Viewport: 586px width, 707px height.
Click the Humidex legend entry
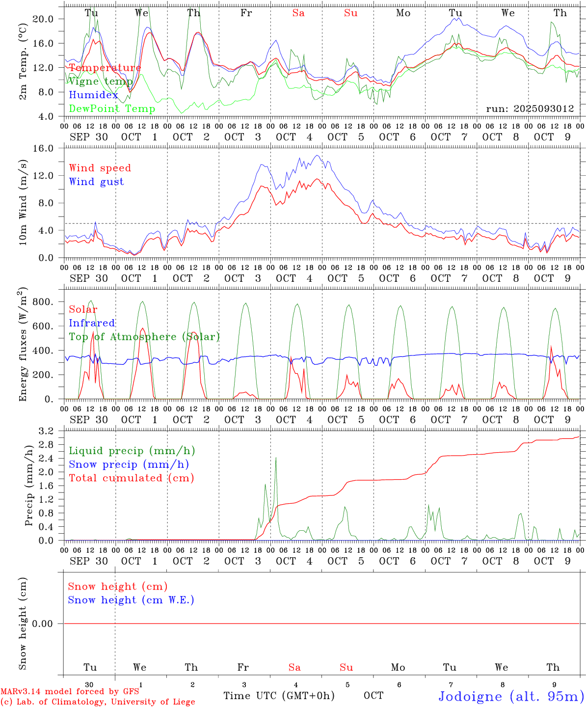point(93,95)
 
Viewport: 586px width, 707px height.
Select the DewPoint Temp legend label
point(112,109)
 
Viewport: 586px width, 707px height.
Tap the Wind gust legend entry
point(96,182)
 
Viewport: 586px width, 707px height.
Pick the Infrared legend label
point(92,323)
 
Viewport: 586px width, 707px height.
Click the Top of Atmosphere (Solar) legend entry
point(144,337)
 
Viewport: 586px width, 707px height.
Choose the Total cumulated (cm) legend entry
point(131,478)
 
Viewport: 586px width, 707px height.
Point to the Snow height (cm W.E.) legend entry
point(131,600)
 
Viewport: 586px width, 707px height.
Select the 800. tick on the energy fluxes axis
point(42,302)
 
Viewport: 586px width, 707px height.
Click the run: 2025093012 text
point(530,109)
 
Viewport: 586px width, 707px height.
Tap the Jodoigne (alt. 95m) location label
point(511,696)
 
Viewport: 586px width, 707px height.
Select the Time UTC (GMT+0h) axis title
point(279,695)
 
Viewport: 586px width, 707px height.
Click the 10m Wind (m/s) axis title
point(23,203)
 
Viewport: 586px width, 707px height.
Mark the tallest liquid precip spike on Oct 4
point(276,458)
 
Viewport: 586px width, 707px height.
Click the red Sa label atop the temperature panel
point(298,13)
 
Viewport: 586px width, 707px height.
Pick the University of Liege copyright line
point(98,702)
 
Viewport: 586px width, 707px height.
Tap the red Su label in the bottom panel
point(346,667)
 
